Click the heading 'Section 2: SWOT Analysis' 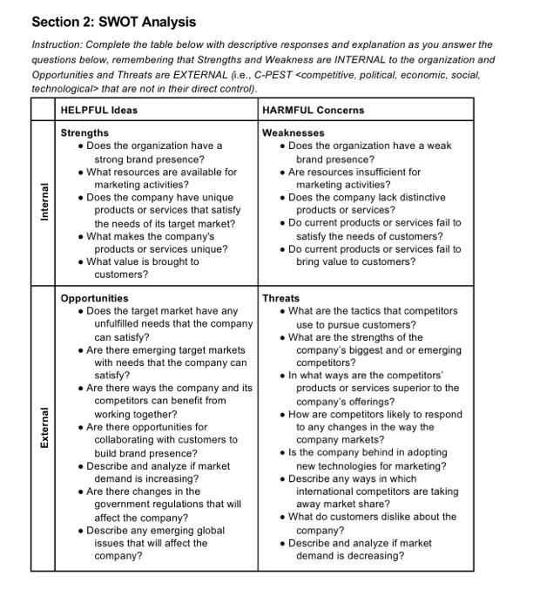click(113, 22)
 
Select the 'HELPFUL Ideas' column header click(99, 110)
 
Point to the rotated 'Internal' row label click(43, 202)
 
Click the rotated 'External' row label click(43, 428)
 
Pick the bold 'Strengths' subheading click(85, 133)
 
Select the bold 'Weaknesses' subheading click(294, 133)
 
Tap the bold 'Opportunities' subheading click(94, 298)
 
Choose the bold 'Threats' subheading click(280, 298)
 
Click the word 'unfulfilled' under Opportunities click(121, 324)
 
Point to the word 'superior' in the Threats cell click(416, 389)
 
